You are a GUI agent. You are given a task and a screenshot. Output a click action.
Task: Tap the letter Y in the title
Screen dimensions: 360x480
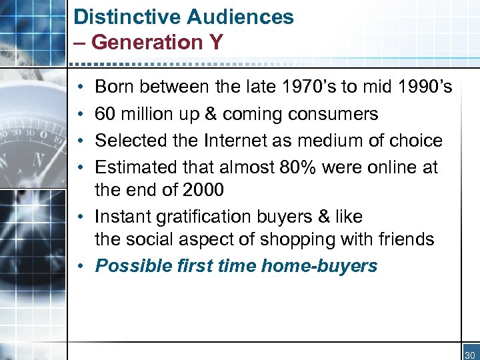pyautogui.click(x=215, y=42)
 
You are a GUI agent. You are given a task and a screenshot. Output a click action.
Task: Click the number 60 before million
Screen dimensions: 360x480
pyautogui.click(x=105, y=114)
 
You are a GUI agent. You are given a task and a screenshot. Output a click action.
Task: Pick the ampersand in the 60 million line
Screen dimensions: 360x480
pyautogui.click(x=211, y=114)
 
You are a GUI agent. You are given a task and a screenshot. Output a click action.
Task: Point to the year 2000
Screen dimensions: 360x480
pyautogui.click(x=203, y=190)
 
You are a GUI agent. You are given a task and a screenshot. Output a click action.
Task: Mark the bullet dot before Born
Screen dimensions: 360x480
pyautogui.click(x=79, y=87)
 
